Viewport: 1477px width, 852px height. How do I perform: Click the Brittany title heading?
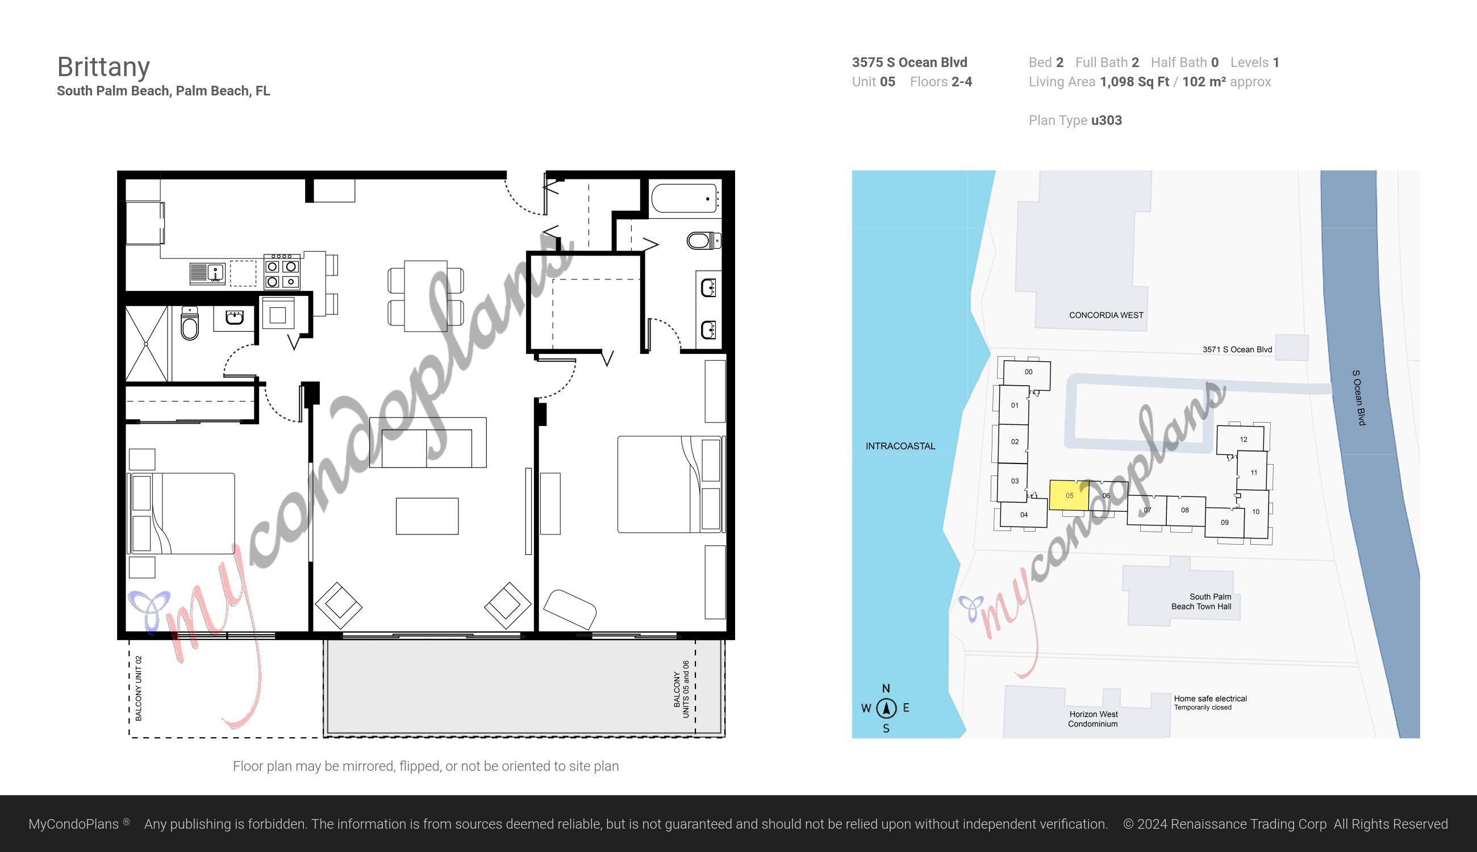click(x=103, y=66)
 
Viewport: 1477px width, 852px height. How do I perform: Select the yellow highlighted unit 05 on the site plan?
click(x=1069, y=495)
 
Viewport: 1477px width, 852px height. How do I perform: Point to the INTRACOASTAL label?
click(x=900, y=446)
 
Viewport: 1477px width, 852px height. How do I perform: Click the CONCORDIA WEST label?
click(x=1105, y=315)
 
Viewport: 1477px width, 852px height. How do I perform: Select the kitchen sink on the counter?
click(x=208, y=273)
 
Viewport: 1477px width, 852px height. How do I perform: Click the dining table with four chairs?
click(x=425, y=295)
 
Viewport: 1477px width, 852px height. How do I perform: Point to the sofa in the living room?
click(x=427, y=443)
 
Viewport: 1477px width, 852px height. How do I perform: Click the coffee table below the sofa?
click(x=427, y=516)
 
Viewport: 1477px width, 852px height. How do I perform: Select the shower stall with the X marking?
click(x=147, y=344)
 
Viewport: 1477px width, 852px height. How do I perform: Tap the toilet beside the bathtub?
click(x=703, y=240)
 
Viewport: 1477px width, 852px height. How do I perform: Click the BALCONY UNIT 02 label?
click(x=139, y=688)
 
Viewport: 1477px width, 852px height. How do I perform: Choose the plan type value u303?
click(x=1106, y=120)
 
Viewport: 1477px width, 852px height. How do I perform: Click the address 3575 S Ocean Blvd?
click(x=909, y=62)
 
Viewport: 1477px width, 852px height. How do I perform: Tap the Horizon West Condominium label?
click(x=1092, y=719)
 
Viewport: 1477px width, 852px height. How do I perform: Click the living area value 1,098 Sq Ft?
click(x=1134, y=82)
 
